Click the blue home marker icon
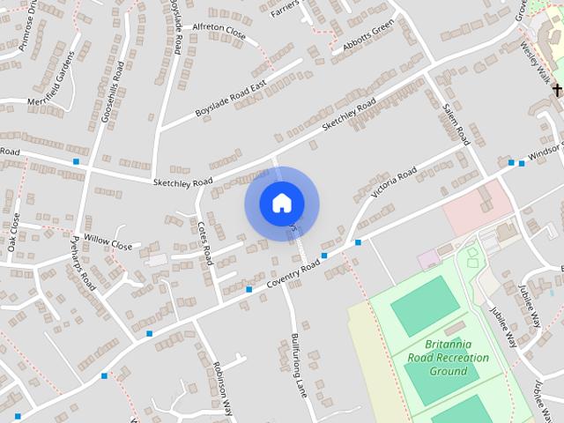point(281,203)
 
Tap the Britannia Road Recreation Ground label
point(448,358)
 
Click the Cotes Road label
point(205,243)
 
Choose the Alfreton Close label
point(219,33)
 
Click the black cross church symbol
point(557,89)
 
